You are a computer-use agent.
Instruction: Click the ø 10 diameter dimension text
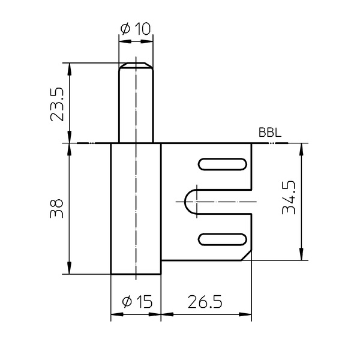(136, 28)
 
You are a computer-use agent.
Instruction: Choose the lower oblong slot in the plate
(221, 239)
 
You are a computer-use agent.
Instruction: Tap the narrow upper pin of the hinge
(136, 102)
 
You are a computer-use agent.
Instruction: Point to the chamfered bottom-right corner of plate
(246, 256)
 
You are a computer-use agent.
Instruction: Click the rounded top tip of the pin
(136, 64)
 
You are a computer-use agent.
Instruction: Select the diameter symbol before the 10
(125, 28)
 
